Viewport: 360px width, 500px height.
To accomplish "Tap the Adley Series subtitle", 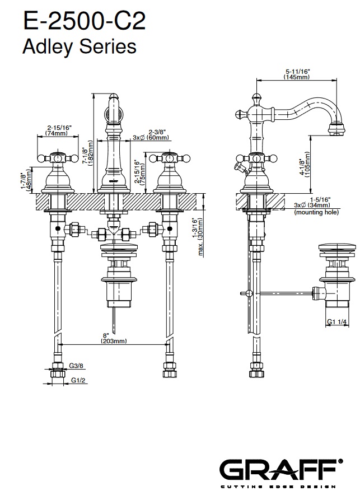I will click(x=80, y=46).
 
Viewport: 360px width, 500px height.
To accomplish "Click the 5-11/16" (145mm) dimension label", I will click(x=297, y=74).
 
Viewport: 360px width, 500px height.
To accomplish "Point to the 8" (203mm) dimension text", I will click(x=113, y=338).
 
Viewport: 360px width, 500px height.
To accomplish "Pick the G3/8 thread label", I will click(x=76, y=366).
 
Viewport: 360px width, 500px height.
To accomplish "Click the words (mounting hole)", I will click(x=316, y=213).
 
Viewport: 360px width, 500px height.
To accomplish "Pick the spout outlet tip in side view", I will click(x=338, y=132).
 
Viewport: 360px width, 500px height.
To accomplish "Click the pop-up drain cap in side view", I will click(x=338, y=247).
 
